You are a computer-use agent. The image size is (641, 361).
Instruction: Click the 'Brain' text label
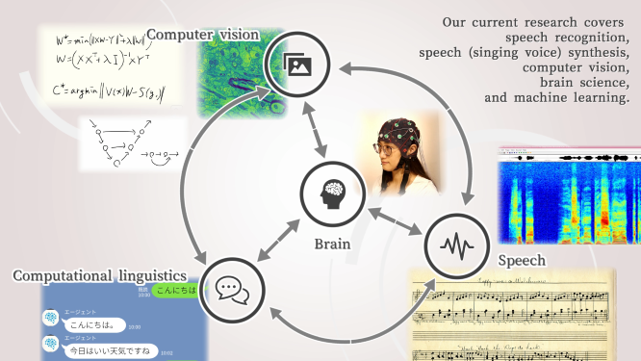point(332,244)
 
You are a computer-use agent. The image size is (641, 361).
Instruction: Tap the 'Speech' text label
point(523,261)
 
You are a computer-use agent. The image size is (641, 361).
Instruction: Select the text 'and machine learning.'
point(557,98)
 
